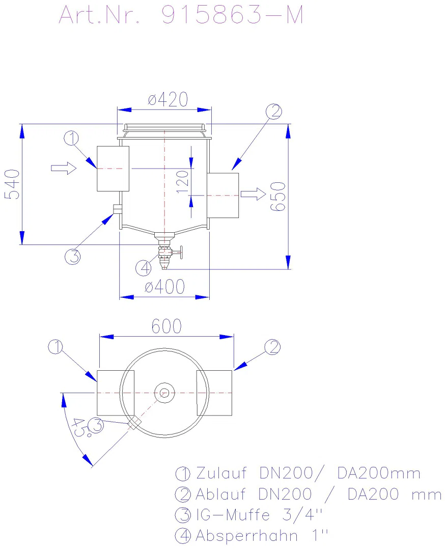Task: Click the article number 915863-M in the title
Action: point(232,15)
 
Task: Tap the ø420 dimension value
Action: point(168,100)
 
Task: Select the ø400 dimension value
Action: point(165,287)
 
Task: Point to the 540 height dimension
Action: point(12,184)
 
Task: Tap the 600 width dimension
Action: point(166,326)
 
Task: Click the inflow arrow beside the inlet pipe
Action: point(64,168)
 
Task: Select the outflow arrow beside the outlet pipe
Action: point(253,194)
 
